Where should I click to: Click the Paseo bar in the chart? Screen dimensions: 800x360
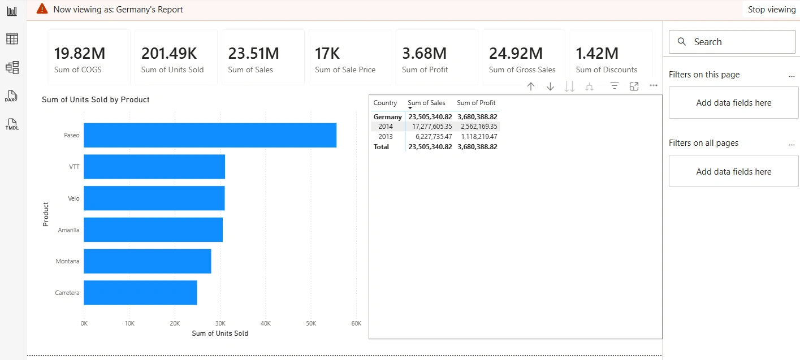point(210,135)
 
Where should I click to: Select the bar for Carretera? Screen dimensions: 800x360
point(140,293)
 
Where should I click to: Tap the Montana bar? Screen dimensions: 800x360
point(148,261)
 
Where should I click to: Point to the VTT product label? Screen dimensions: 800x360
point(74,167)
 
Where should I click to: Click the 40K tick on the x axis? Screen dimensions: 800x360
point(265,323)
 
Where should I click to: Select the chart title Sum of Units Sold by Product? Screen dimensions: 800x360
point(96,99)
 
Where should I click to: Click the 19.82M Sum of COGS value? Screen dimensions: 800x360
point(80,54)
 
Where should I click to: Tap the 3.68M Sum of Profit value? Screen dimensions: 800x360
point(424,54)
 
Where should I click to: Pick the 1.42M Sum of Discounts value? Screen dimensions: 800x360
point(597,54)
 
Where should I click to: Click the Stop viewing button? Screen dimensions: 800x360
point(771,10)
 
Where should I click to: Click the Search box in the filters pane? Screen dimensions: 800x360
point(732,42)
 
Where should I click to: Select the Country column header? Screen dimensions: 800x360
point(385,103)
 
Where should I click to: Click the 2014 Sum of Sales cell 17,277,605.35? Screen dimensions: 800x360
point(432,127)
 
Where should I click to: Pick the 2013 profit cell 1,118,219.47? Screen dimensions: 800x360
point(479,136)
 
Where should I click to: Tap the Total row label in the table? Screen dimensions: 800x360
point(381,147)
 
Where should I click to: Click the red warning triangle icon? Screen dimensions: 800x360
point(42,9)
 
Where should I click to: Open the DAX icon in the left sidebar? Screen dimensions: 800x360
point(11,96)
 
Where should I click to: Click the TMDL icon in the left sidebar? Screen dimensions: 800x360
point(12,124)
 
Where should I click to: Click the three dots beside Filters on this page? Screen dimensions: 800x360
point(792,76)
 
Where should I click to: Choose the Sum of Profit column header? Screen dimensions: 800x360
point(476,103)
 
